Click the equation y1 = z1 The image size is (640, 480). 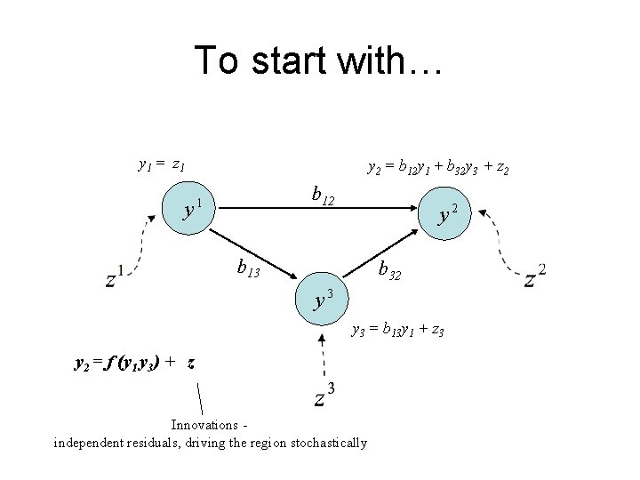tap(162, 164)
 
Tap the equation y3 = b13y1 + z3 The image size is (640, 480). tap(397, 331)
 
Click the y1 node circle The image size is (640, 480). tap(189, 210)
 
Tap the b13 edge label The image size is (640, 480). tap(247, 266)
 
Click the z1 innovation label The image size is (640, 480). tap(115, 277)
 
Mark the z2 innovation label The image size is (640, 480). tap(535, 276)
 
